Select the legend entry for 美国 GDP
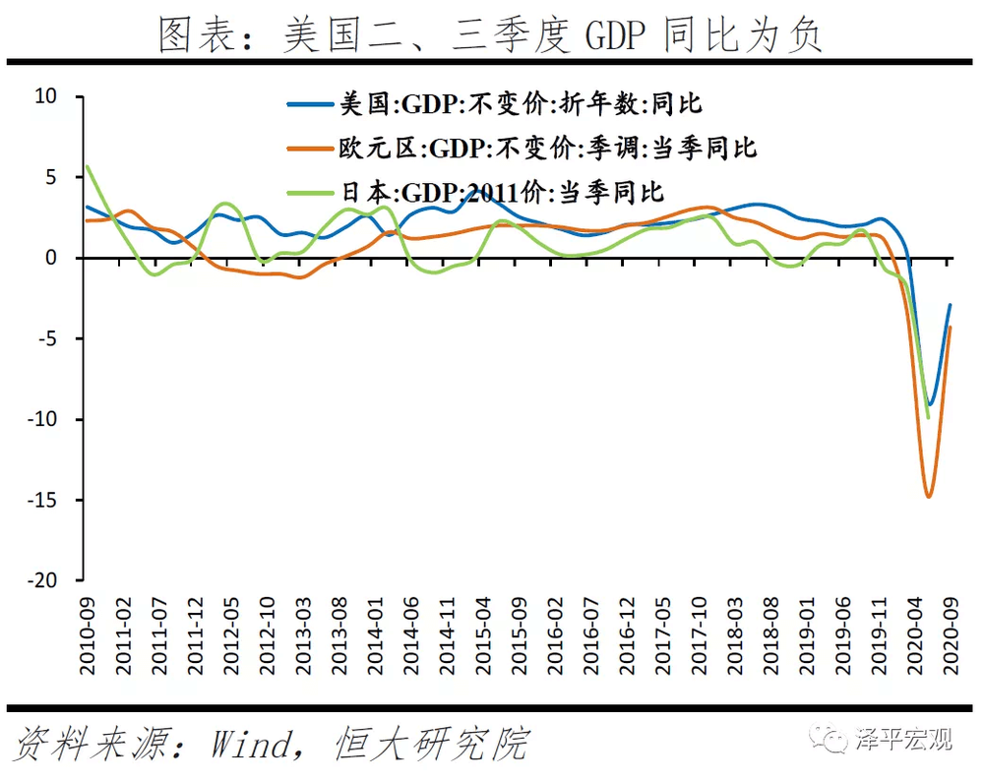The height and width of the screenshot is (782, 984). [522, 102]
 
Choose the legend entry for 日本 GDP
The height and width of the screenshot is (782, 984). [502, 191]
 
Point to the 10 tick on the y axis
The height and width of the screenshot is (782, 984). [46, 96]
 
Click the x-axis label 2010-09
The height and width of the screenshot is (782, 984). [88, 635]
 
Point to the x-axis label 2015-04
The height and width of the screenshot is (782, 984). [483, 635]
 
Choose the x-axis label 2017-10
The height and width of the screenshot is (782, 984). [700, 635]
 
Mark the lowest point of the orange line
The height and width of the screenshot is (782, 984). [928, 496]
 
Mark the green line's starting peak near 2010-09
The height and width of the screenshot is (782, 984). [88, 166]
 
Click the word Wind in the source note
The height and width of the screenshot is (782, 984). [250, 743]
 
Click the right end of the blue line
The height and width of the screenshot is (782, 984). [951, 304]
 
